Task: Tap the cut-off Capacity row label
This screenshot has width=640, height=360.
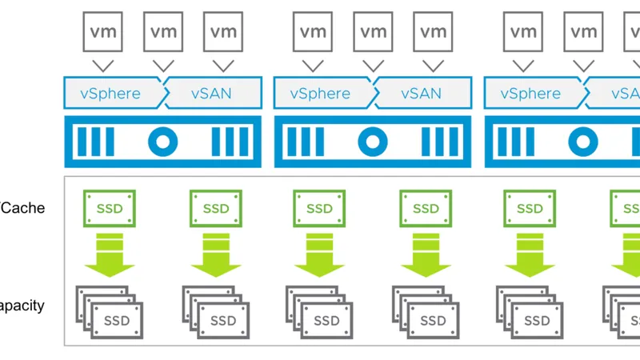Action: pos(22,306)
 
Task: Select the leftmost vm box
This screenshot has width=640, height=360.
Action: pos(102,33)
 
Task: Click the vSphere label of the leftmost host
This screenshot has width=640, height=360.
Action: pos(110,94)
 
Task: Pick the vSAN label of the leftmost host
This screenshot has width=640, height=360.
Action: pos(211,94)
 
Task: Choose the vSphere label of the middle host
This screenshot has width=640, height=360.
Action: pos(321,94)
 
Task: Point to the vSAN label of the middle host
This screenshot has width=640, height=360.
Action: pos(421,94)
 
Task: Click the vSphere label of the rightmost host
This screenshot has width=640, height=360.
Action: pos(530,94)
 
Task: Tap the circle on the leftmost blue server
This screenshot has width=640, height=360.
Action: pos(162,142)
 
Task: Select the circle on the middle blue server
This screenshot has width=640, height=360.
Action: pos(371,142)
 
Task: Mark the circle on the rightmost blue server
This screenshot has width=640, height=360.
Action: pos(582,142)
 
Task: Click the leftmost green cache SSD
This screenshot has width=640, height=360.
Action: pos(110,209)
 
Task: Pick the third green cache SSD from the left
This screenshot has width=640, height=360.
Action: pos(320,209)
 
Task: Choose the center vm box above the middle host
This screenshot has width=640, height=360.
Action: pos(374,33)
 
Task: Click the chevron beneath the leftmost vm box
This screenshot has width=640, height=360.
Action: pos(102,65)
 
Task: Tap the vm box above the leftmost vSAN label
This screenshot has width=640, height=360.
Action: pos(223,33)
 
